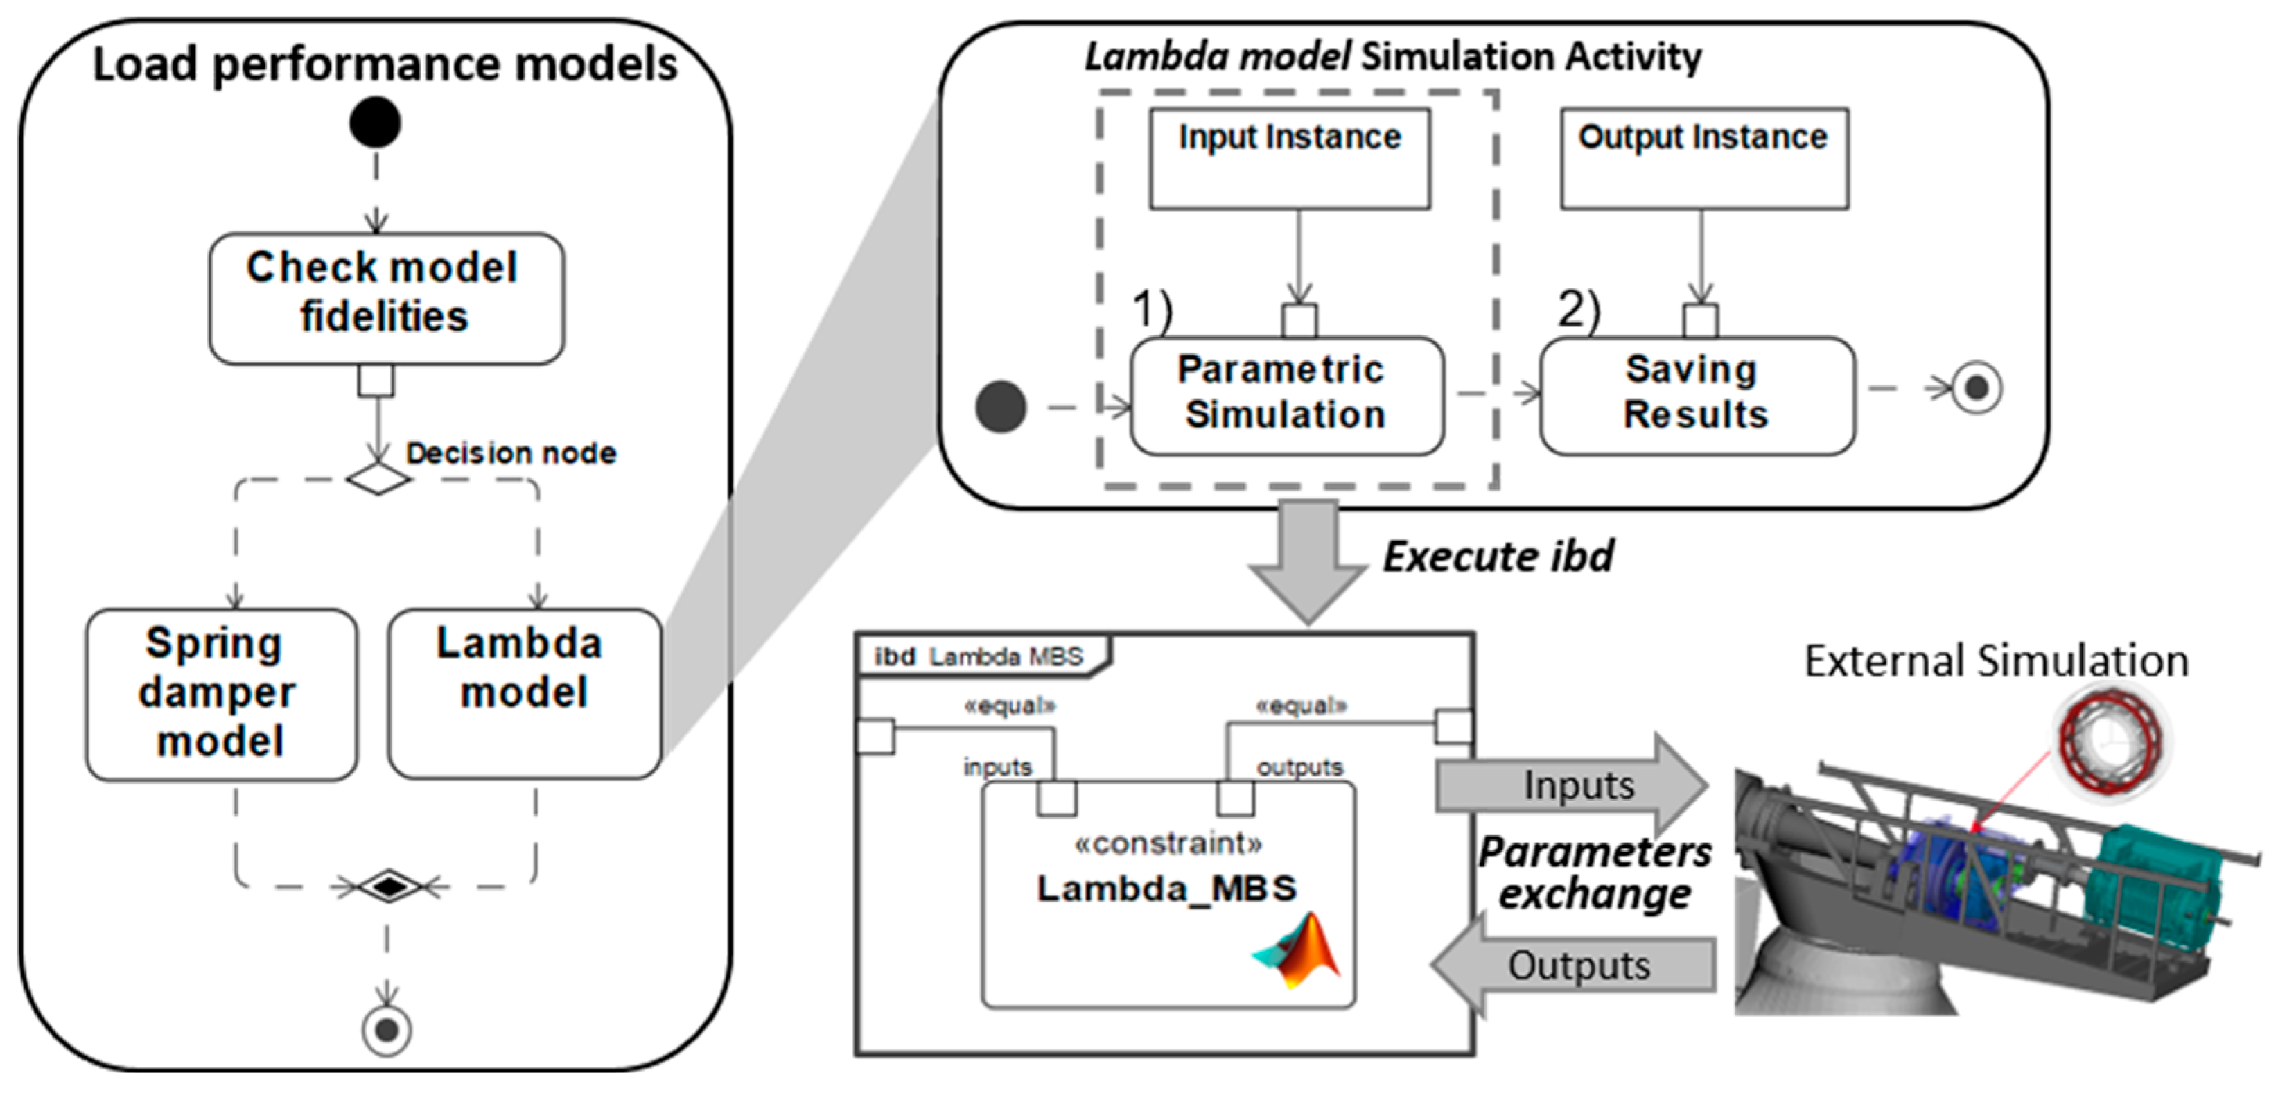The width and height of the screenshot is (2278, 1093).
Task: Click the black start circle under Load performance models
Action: [x=375, y=122]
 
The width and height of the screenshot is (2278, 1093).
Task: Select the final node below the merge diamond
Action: [x=387, y=1029]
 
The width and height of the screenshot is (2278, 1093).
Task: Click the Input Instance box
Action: [x=1289, y=159]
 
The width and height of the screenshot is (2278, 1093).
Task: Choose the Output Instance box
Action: [x=1703, y=159]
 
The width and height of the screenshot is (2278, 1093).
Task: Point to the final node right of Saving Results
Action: [x=1977, y=388]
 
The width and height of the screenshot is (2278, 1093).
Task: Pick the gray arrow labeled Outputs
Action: [x=1574, y=965]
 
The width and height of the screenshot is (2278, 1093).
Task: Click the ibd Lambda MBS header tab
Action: [x=981, y=656]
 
